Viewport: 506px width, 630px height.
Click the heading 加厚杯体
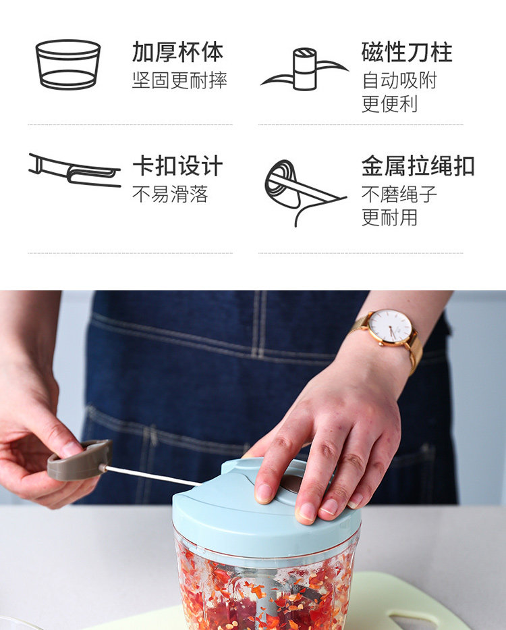177,52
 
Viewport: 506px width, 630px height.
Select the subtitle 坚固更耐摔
179,80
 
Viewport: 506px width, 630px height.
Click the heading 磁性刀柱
407,52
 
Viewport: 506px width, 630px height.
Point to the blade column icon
305,69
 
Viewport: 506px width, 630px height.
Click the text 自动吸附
399,80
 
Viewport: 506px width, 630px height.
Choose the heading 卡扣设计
177,166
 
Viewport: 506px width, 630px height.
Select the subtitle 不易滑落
170,194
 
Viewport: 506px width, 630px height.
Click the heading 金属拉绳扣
418,166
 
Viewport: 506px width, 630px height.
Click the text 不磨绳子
399,194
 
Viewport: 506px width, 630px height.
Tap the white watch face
389,326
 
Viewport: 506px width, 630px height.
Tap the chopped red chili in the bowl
265,591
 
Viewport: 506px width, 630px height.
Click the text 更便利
389,104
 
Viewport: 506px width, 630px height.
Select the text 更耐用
389,217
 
